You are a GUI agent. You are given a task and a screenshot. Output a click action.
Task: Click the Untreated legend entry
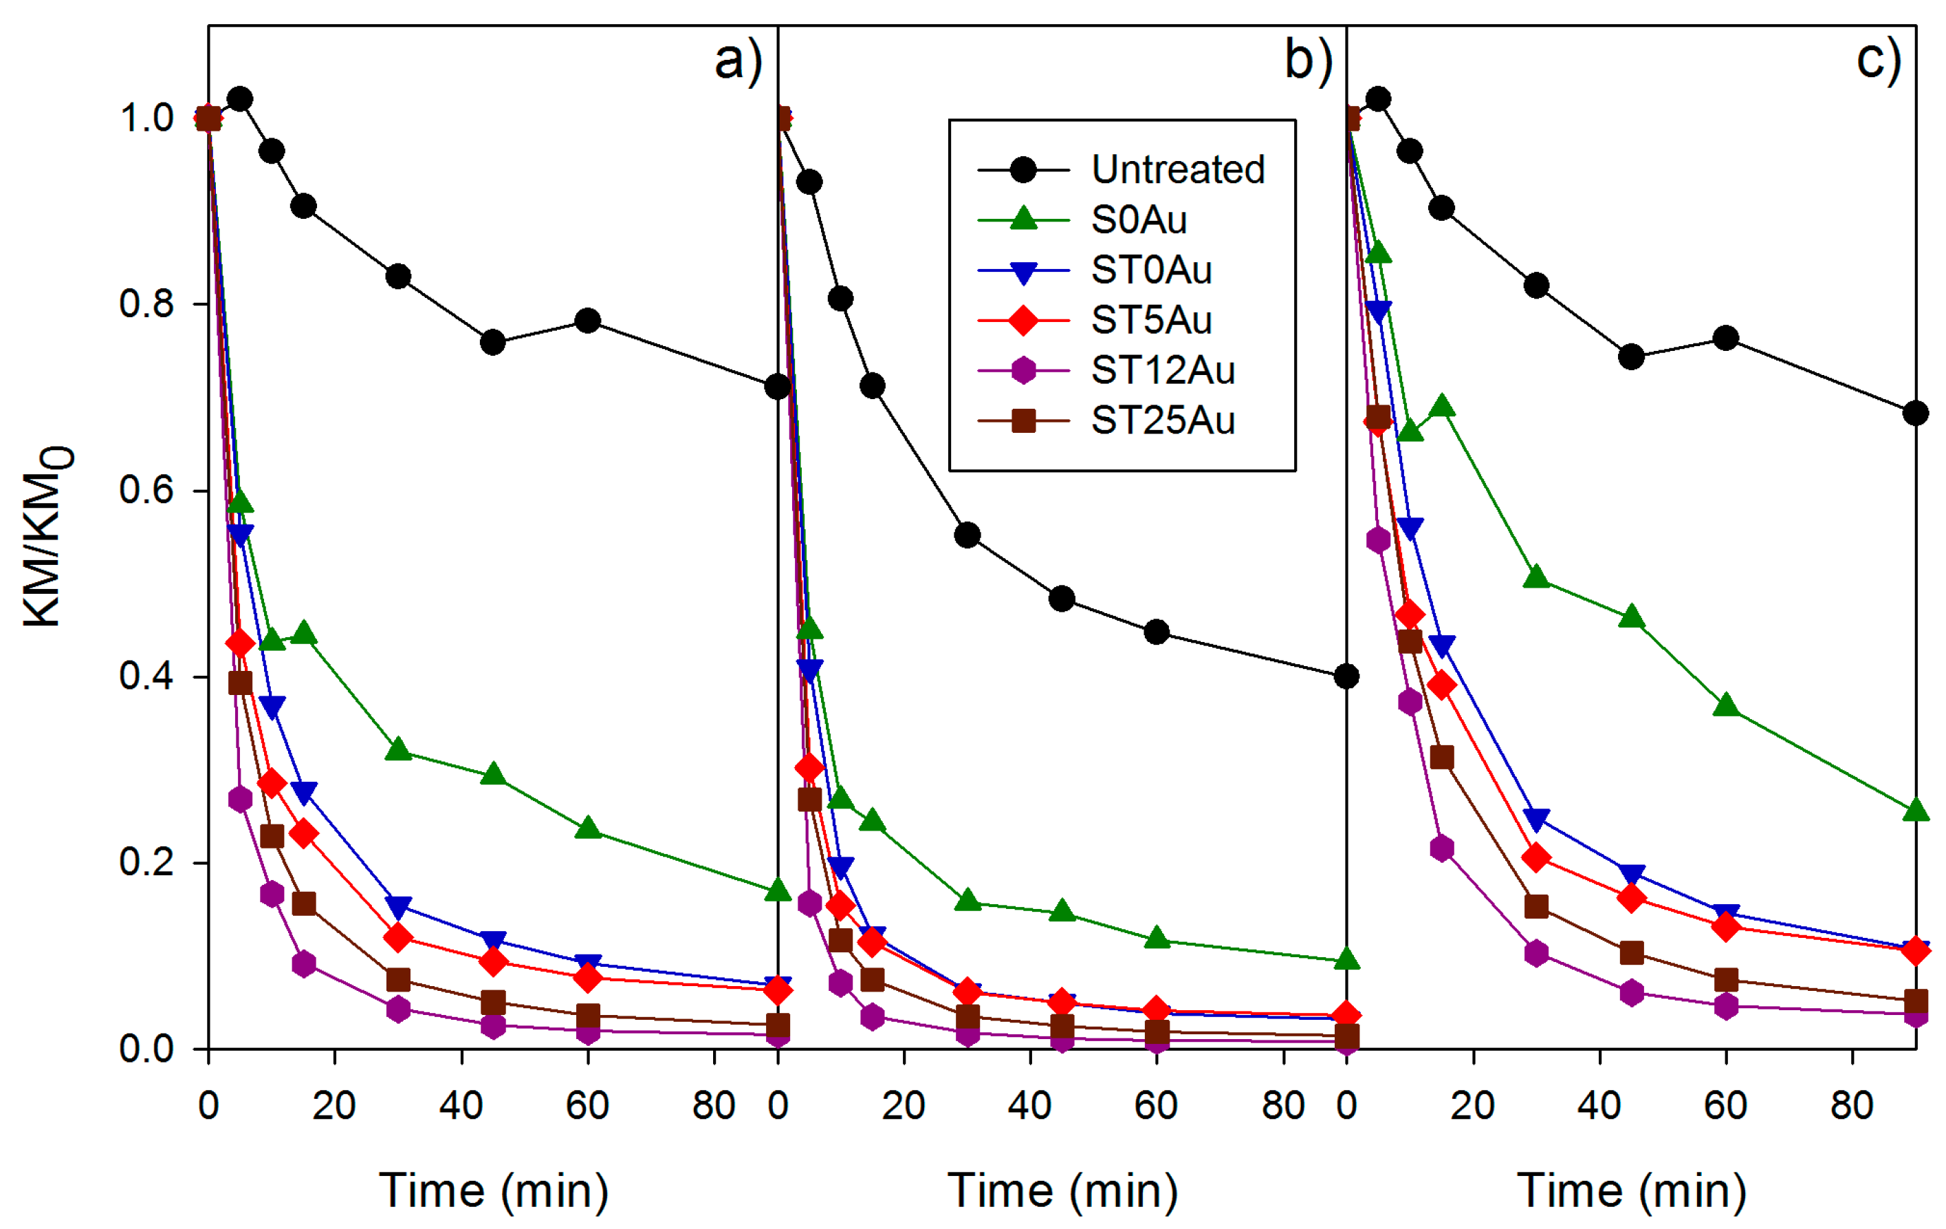pyautogui.click(x=1177, y=170)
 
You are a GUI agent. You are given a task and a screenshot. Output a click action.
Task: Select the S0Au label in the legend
pyautogui.click(x=1139, y=220)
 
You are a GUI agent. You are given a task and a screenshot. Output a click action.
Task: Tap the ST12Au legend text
pyautogui.click(x=1162, y=370)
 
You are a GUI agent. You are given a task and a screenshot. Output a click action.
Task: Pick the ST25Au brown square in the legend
pyautogui.click(x=1024, y=420)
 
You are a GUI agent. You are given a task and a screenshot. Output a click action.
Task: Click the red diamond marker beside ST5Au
pyautogui.click(x=1024, y=320)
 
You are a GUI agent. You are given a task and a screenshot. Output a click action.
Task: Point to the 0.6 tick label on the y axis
pyautogui.click(x=146, y=490)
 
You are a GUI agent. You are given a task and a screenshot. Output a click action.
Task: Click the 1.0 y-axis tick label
pyautogui.click(x=146, y=118)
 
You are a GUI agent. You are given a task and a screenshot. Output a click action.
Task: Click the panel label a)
pyautogui.click(x=738, y=61)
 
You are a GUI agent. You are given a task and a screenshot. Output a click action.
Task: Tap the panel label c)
pyautogui.click(x=1878, y=61)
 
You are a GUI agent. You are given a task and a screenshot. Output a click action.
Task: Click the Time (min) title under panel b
pyautogui.click(x=1062, y=1191)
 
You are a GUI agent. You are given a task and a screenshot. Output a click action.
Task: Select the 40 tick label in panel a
pyautogui.click(x=461, y=1105)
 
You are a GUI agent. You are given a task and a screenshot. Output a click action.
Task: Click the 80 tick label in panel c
pyautogui.click(x=1851, y=1105)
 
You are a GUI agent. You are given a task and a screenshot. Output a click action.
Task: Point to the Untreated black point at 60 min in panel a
pyautogui.click(x=587, y=320)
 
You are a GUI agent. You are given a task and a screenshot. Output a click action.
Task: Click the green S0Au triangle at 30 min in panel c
pyautogui.click(x=1536, y=577)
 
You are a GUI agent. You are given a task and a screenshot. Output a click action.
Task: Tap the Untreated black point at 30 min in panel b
pyautogui.click(x=967, y=535)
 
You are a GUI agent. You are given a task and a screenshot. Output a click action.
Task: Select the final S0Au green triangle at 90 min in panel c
pyautogui.click(x=1915, y=810)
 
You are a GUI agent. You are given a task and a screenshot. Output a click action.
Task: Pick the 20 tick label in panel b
pyautogui.click(x=904, y=1105)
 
